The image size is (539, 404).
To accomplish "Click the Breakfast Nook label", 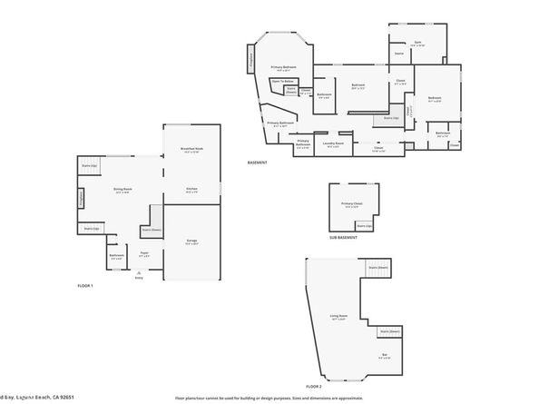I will click(x=191, y=149).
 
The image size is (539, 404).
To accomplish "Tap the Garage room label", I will click(x=191, y=241).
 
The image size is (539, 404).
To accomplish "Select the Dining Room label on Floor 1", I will click(x=123, y=189).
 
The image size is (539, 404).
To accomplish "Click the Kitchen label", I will click(x=191, y=189).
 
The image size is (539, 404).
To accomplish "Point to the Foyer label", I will click(x=143, y=256).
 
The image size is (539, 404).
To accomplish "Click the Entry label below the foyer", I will click(x=139, y=277).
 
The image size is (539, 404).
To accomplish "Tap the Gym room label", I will click(x=418, y=43).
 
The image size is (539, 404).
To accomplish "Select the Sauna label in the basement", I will click(x=398, y=54).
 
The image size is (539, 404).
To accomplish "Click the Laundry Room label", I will click(x=333, y=143).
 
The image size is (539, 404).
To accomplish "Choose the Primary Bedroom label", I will click(x=284, y=67).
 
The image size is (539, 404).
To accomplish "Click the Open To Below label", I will click(x=283, y=82).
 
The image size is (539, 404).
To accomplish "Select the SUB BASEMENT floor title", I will click(x=343, y=237).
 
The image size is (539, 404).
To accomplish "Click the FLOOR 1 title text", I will click(x=85, y=285).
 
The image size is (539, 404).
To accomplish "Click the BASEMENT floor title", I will click(x=257, y=163).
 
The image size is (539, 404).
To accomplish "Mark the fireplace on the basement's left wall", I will click(x=250, y=60).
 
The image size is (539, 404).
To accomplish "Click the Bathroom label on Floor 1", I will click(x=116, y=256).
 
